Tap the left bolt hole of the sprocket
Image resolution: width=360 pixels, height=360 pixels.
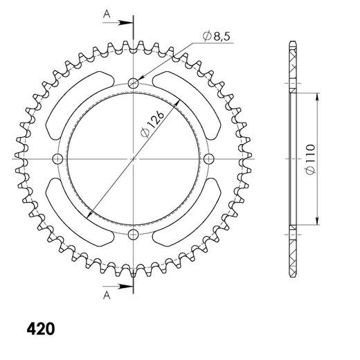(57, 159)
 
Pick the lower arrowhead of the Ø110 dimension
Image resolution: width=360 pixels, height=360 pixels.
(317, 221)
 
